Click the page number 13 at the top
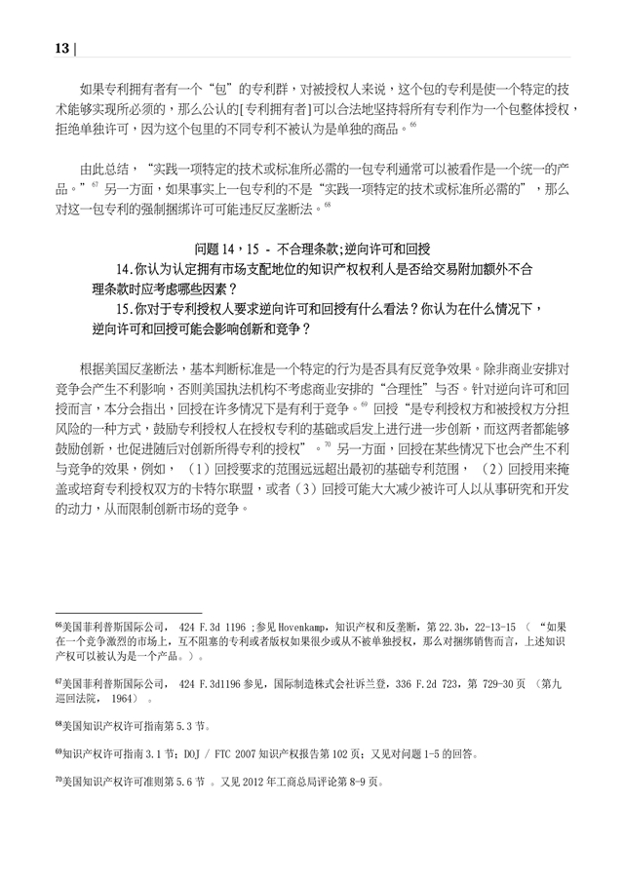61,48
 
